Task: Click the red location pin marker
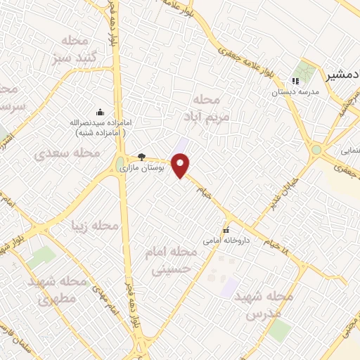[x=182, y=165]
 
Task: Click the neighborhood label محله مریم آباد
[x=210, y=108]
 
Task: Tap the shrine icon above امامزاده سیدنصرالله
[x=100, y=112]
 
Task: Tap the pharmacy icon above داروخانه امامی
[x=226, y=230]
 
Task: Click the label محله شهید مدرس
[x=264, y=304]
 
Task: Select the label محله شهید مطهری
[x=58, y=290]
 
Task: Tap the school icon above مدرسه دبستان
[x=295, y=82]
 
